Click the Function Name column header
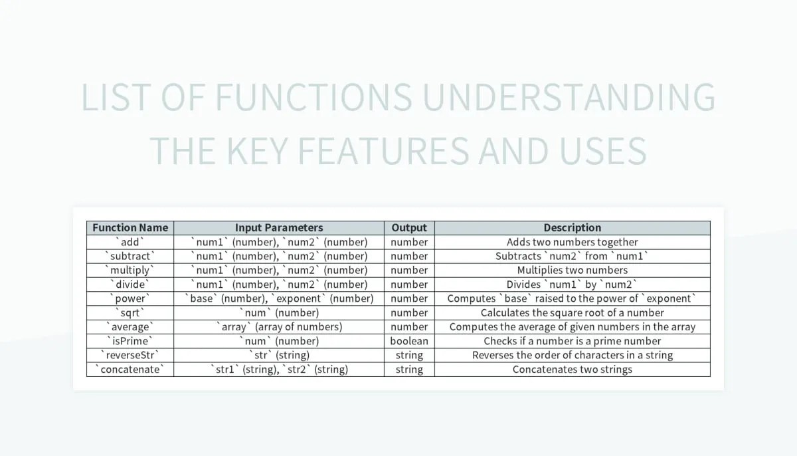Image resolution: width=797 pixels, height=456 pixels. pyautogui.click(x=130, y=227)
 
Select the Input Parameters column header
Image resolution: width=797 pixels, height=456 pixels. pyautogui.click(x=279, y=227)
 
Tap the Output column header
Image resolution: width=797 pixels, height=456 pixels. pyautogui.click(x=409, y=227)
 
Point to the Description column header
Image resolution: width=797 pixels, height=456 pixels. pyautogui.click(x=572, y=227)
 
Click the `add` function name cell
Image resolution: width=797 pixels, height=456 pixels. pyautogui.click(x=130, y=242)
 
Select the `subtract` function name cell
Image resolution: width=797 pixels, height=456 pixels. pyautogui.click(x=130, y=256)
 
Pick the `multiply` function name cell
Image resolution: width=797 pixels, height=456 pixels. pyautogui.click(x=130, y=270)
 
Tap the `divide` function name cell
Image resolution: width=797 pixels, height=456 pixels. pyautogui.click(x=130, y=285)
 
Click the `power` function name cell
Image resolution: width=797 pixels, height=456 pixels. pyautogui.click(x=130, y=298)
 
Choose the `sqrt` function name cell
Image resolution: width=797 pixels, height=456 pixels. pyautogui.click(x=130, y=312)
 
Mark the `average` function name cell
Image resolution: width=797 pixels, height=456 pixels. pyautogui.click(x=130, y=326)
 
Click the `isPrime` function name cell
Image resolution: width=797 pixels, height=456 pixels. pyautogui.click(x=130, y=341)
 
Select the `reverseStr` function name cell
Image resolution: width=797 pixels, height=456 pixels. pyautogui.click(x=130, y=355)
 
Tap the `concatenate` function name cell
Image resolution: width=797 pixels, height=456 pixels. pyautogui.click(x=130, y=369)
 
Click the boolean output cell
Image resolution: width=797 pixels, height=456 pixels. pyautogui.click(x=409, y=341)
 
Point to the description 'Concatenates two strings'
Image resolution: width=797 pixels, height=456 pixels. pyautogui.click(x=572, y=369)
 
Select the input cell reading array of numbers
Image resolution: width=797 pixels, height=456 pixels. pyautogui.click(x=279, y=326)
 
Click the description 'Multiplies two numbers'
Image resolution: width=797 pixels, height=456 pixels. pyautogui.click(x=572, y=270)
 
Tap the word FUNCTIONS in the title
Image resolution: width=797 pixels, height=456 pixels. pyautogui.click(x=313, y=98)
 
